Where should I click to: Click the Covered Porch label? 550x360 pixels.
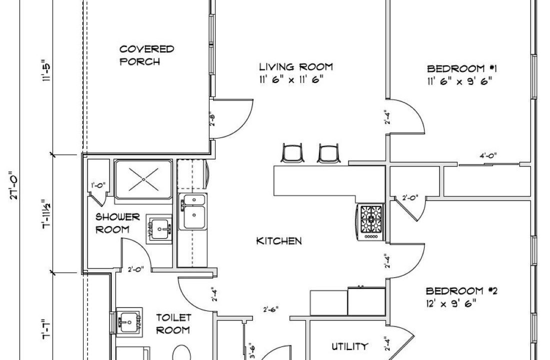click(146, 55)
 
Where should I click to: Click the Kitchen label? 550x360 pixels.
click(279, 241)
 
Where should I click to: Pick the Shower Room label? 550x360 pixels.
click(117, 223)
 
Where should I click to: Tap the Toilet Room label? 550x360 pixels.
click(173, 323)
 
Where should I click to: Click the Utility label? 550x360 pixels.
click(349, 346)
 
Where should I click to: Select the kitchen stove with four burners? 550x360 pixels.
click(371, 222)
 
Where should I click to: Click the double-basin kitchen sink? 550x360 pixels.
click(192, 211)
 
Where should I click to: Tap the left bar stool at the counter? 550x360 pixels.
click(292, 153)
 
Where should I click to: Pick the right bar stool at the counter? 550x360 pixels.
click(328, 153)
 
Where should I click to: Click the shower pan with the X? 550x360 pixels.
click(143, 179)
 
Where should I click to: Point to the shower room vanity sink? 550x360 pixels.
click(159, 229)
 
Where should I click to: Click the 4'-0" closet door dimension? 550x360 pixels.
click(488, 155)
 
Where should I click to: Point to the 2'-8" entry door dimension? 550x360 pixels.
click(212, 119)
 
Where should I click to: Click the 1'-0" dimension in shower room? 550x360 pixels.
click(98, 185)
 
